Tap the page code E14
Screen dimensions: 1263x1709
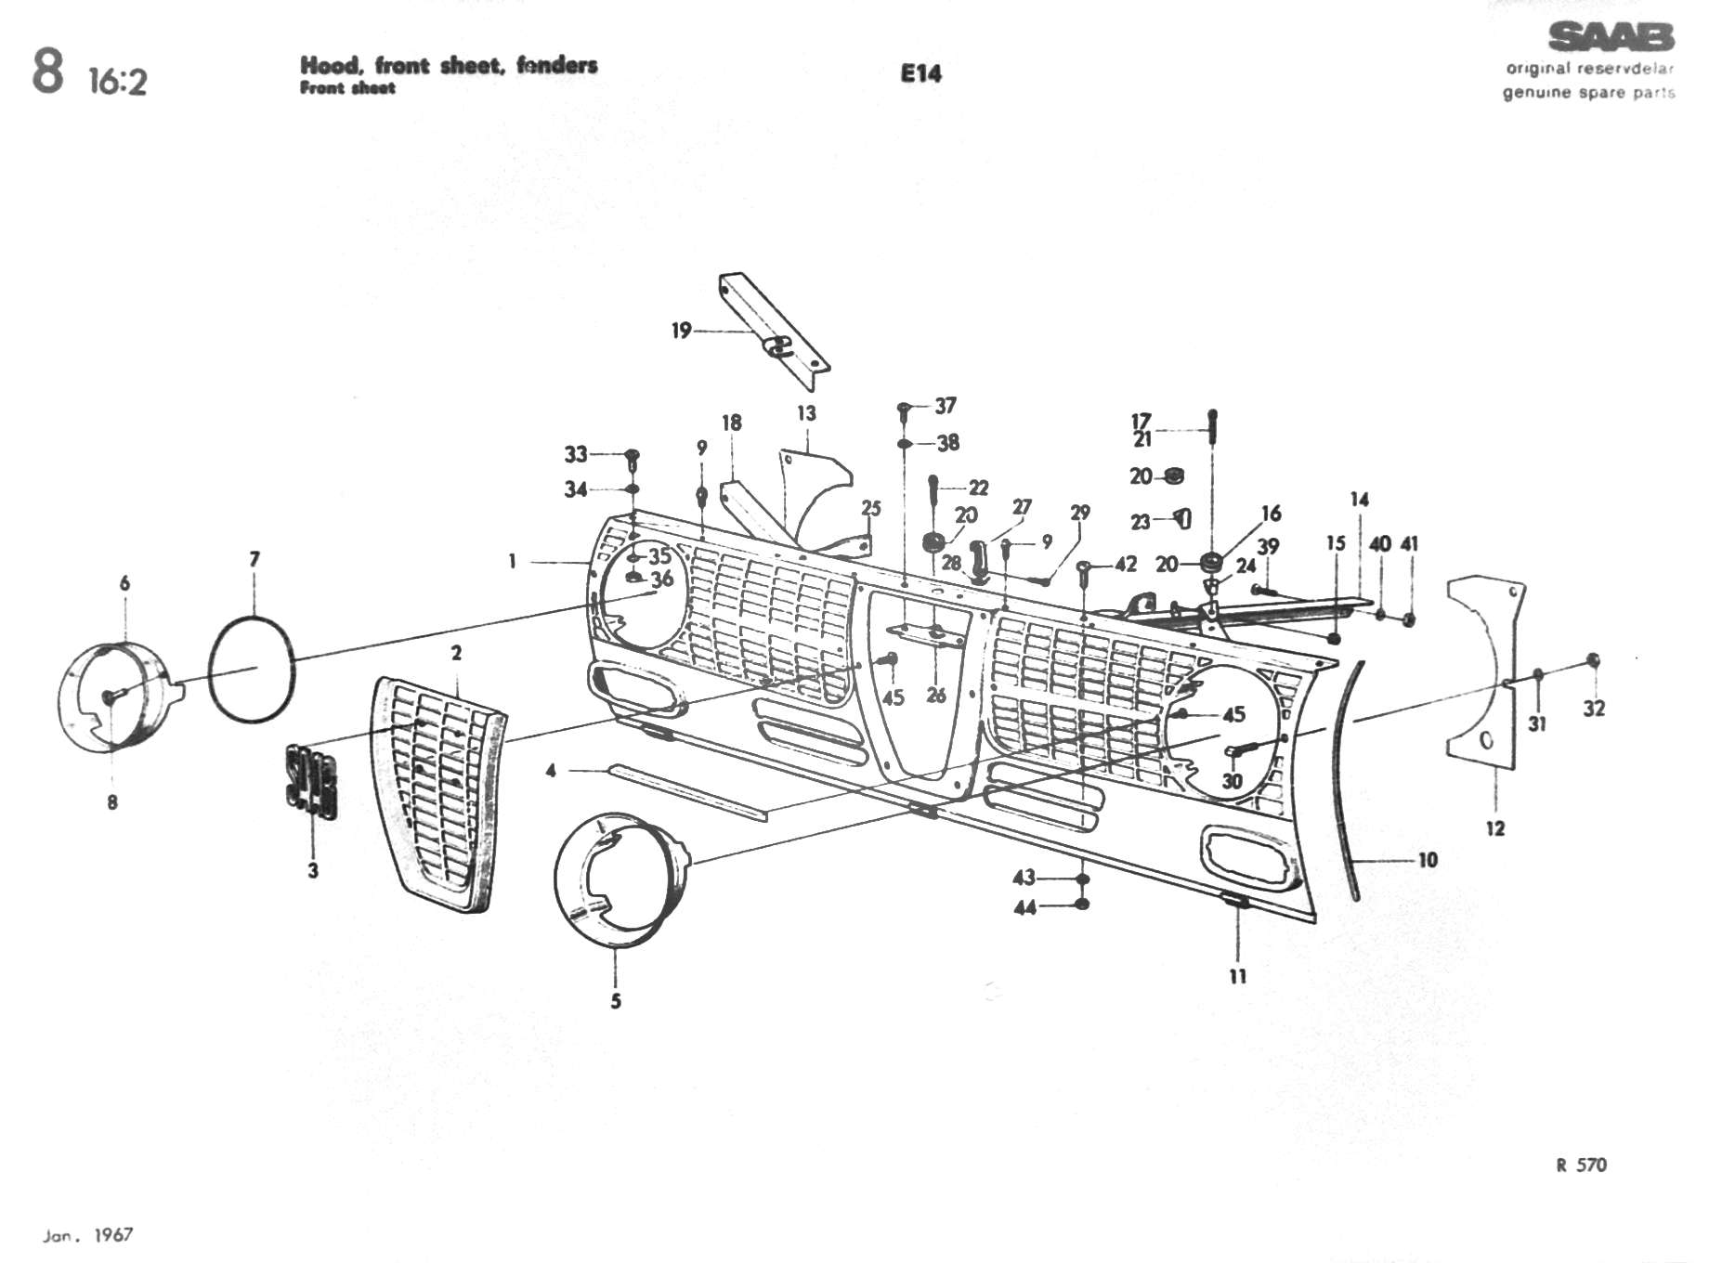920,73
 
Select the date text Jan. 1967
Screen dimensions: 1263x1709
88,1235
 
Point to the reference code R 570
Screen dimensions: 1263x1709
1581,1165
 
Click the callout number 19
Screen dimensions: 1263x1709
682,331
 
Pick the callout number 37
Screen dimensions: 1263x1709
946,406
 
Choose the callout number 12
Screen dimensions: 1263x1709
1494,828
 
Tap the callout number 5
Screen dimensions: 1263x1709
616,1001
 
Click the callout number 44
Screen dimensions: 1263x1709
1024,907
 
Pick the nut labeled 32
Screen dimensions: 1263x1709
1594,660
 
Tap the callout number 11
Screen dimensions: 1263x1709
1237,976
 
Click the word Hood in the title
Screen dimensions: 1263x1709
329,65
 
